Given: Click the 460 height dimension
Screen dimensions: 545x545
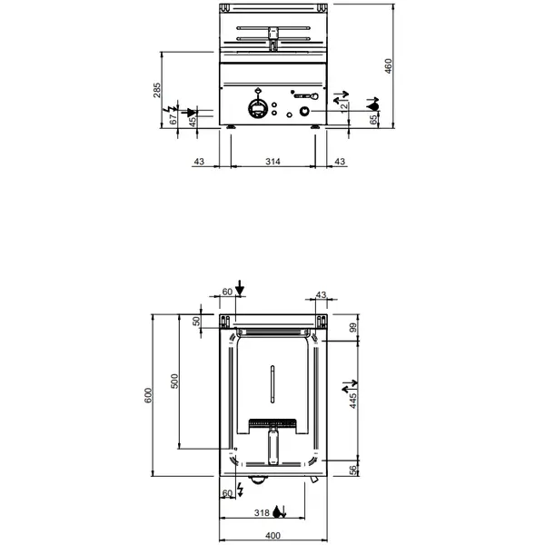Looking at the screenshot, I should tap(388, 66).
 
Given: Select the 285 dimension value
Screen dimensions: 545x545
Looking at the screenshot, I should tap(157, 91).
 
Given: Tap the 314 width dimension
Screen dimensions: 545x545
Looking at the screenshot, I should tap(272, 161).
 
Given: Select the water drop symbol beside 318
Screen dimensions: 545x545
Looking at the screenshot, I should tap(283, 514).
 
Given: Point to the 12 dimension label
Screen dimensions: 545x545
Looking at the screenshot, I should tap(343, 105).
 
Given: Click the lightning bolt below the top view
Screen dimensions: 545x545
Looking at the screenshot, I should tap(240, 490).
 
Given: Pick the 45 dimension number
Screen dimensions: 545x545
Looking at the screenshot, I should tap(192, 121).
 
